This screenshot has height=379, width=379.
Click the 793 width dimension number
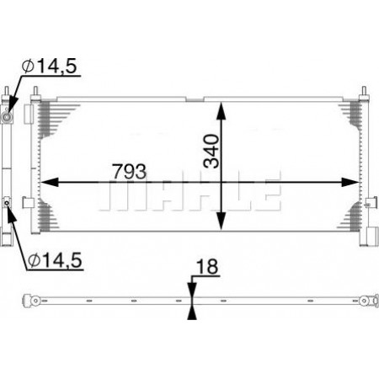tap(130, 171)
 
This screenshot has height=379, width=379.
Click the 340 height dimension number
tap(211, 152)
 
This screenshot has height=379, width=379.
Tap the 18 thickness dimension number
tap(207, 266)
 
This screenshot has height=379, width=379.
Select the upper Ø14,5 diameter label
tap(50, 66)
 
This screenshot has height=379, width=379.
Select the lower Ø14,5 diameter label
tap(55, 260)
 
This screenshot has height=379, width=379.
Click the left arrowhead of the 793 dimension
tap(50, 182)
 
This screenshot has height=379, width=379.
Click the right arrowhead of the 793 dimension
tap(350, 182)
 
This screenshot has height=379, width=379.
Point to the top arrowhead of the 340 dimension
tap(222, 111)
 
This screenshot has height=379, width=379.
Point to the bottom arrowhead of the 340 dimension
tap(222, 222)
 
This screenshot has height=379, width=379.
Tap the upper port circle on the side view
tap(6, 117)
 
